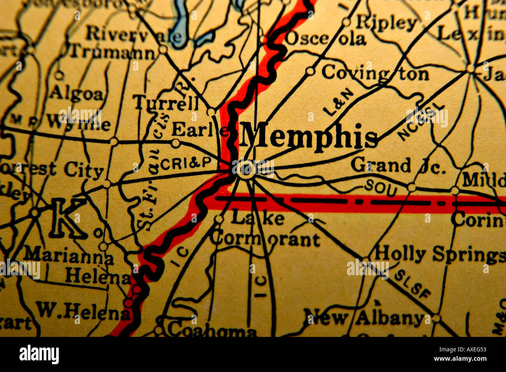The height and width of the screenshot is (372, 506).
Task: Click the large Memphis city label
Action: [309, 138]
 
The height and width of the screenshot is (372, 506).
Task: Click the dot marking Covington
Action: [310, 71]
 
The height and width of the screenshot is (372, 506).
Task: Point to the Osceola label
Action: [325, 39]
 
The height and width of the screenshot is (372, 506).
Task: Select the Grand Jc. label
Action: [397, 166]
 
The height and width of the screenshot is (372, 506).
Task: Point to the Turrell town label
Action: [166, 103]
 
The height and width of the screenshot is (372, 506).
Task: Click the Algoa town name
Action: [76, 94]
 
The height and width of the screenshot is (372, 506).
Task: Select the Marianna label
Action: [69, 255]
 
